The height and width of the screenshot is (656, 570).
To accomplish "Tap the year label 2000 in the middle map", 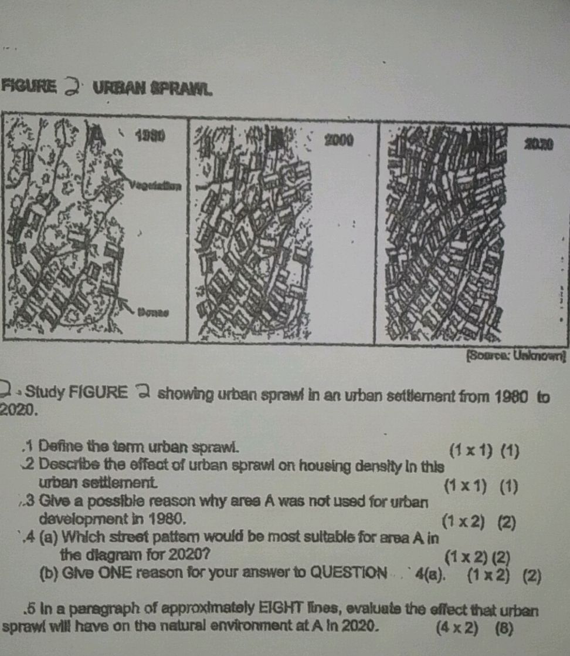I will point(338,140).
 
